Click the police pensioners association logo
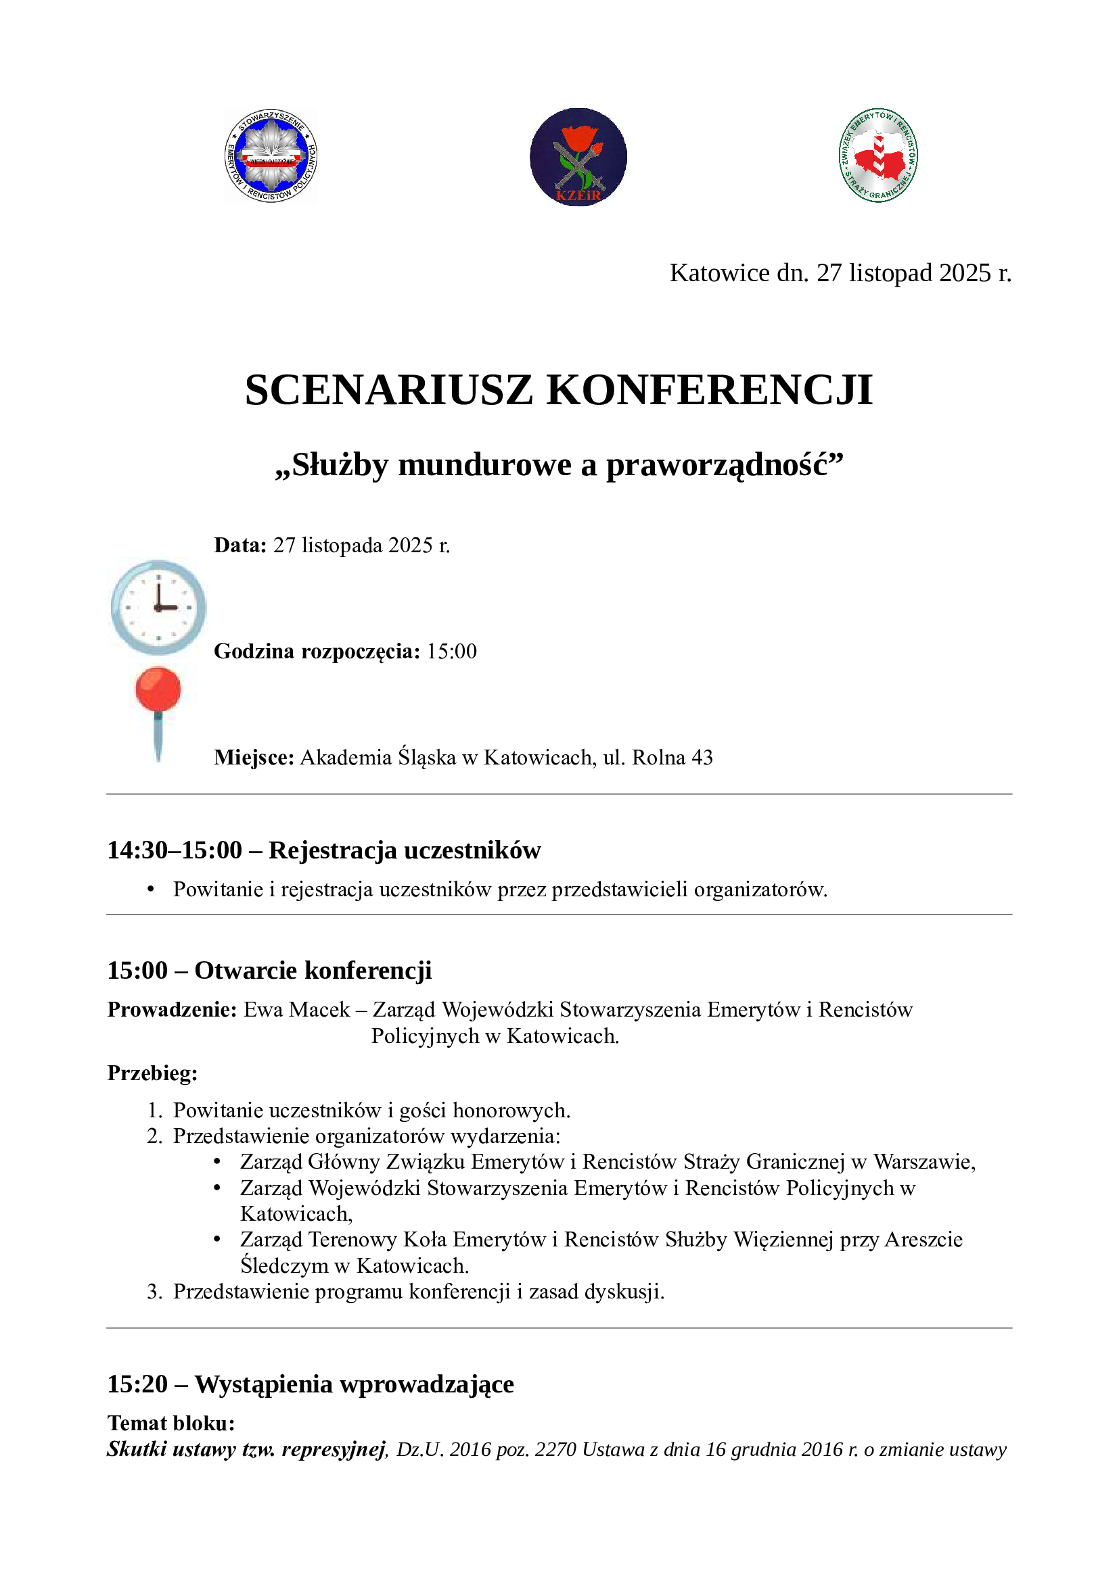coord(271,155)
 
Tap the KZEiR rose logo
coord(578,157)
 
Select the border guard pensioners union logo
coord(878,155)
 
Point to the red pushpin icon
coord(158,709)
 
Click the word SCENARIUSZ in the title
coord(388,391)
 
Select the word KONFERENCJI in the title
coord(709,391)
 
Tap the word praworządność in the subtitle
coord(724,466)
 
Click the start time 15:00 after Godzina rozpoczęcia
coord(451,652)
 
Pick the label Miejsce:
coord(254,758)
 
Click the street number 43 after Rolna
coord(702,758)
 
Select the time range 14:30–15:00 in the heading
coord(175,850)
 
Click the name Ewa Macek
coord(297,1010)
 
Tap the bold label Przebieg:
coord(152,1073)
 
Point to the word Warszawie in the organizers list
coord(924,1163)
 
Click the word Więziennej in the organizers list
coord(783,1240)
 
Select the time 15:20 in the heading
coord(137,1385)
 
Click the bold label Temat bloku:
coord(171,1424)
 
